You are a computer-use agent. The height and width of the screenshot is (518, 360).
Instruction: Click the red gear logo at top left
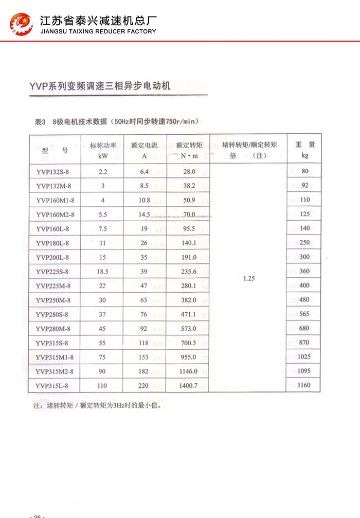pyautogui.click(x=21, y=25)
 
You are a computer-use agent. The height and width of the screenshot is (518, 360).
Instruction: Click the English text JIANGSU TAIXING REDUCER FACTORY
pyautogui.click(x=98, y=31)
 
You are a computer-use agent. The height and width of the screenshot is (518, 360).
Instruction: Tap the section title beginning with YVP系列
pyautogui.click(x=100, y=86)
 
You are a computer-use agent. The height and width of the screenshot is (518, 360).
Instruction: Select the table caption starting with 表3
pyautogui.click(x=115, y=122)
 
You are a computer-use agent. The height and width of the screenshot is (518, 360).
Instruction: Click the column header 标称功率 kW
pyautogui.click(x=103, y=150)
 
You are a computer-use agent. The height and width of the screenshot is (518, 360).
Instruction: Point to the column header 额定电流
pyautogui.click(x=145, y=150)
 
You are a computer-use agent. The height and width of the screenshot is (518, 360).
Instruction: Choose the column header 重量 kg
pyautogui.click(x=305, y=150)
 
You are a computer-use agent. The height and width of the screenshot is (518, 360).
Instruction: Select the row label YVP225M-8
pyautogui.click(x=53, y=285)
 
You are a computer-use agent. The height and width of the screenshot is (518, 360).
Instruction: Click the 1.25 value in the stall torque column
pyautogui.click(x=249, y=278)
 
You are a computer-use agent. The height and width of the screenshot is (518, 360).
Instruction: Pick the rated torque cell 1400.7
pyautogui.click(x=189, y=385)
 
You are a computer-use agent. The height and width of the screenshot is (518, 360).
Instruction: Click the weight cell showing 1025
pyautogui.click(x=304, y=356)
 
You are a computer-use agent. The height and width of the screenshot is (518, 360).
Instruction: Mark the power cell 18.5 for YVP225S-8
pyautogui.click(x=103, y=271)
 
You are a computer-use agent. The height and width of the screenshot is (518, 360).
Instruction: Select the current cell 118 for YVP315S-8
pyautogui.click(x=143, y=343)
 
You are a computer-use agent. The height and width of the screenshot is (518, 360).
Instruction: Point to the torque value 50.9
pyautogui.click(x=189, y=200)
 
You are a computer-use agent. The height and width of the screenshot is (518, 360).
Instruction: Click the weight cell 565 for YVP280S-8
pyautogui.click(x=304, y=314)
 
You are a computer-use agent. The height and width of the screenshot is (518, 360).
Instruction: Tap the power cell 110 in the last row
pyautogui.click(x=103, y=385)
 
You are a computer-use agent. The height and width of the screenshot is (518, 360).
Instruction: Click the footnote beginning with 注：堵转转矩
pyautogui.click(x=97, y=405)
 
